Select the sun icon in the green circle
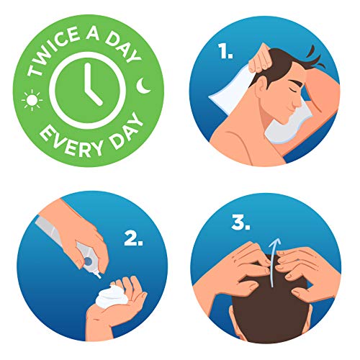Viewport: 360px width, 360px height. click(32, 100)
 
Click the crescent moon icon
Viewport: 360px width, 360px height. click(143, 85)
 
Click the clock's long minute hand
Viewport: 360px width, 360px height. click(88, 78)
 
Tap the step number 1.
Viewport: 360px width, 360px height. click(225, 52)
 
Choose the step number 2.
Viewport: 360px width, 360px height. click(133, 238)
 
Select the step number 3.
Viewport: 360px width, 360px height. click(240, 222)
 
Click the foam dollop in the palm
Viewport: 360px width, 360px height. click(110, 296)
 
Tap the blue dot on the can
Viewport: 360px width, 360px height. click(88, 261)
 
